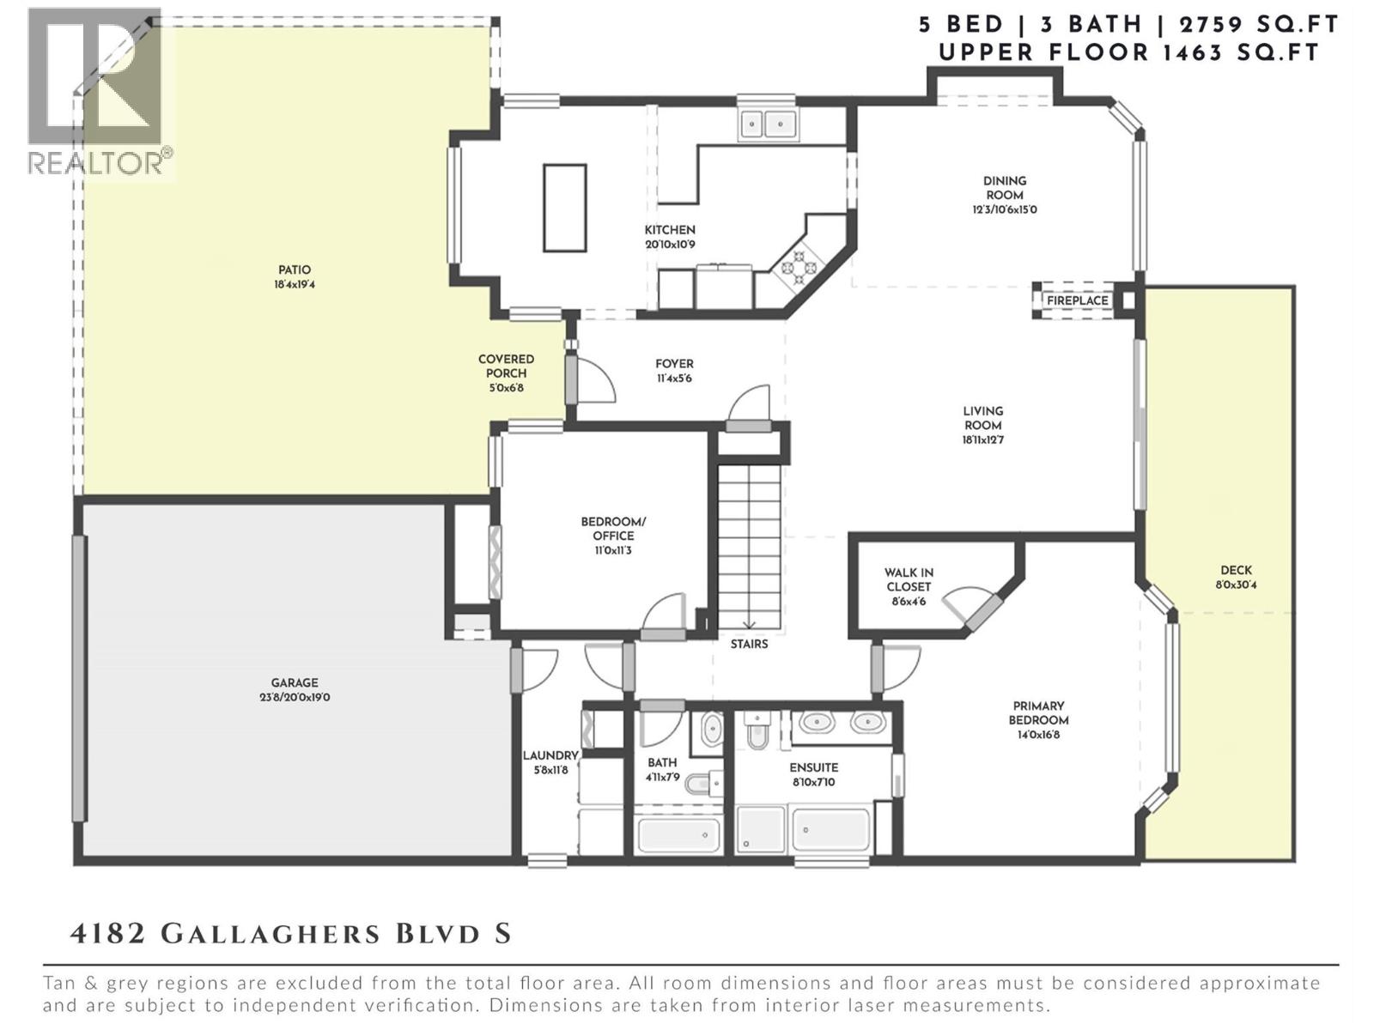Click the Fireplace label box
point(1077,301)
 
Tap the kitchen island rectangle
point(565,208)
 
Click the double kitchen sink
point(768,124)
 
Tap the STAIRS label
point(749,644)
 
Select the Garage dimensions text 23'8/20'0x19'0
point(295,697)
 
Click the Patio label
point(295,270)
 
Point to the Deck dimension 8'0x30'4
point(1236,585)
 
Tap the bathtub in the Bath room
point(678,833)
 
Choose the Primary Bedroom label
point(1038,713)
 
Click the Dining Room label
point(1005,188)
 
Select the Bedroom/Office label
point(613,529)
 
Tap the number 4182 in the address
point(108,933)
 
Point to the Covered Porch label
point(506,367)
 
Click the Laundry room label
point(550,755)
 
